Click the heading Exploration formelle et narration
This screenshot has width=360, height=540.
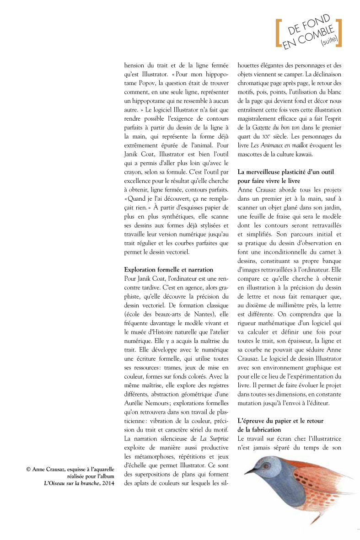[x=169, y=269]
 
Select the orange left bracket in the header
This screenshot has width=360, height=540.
[x=278, y=33]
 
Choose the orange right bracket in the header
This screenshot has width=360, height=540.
[x=339, y=33]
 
